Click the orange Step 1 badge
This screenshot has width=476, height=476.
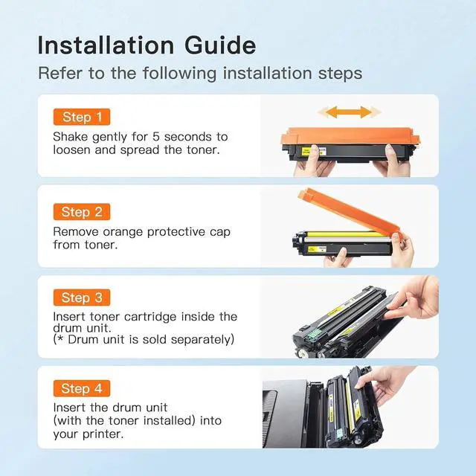click(82, 117)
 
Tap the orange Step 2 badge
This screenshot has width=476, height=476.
click(82, 212)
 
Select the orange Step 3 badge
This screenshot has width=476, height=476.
click(82, 297)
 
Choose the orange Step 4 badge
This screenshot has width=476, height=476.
click(82, 388)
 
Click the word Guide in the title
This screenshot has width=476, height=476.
click(220, 45)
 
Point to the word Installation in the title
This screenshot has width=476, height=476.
click(106, 45)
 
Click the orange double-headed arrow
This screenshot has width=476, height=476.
click(349, 112)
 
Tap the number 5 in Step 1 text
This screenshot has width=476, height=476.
click(156, 137)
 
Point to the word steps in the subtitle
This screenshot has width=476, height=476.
click(340, 74)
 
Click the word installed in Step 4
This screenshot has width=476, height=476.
click(169, 421)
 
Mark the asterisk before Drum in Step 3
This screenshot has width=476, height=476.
click(60, 338)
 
